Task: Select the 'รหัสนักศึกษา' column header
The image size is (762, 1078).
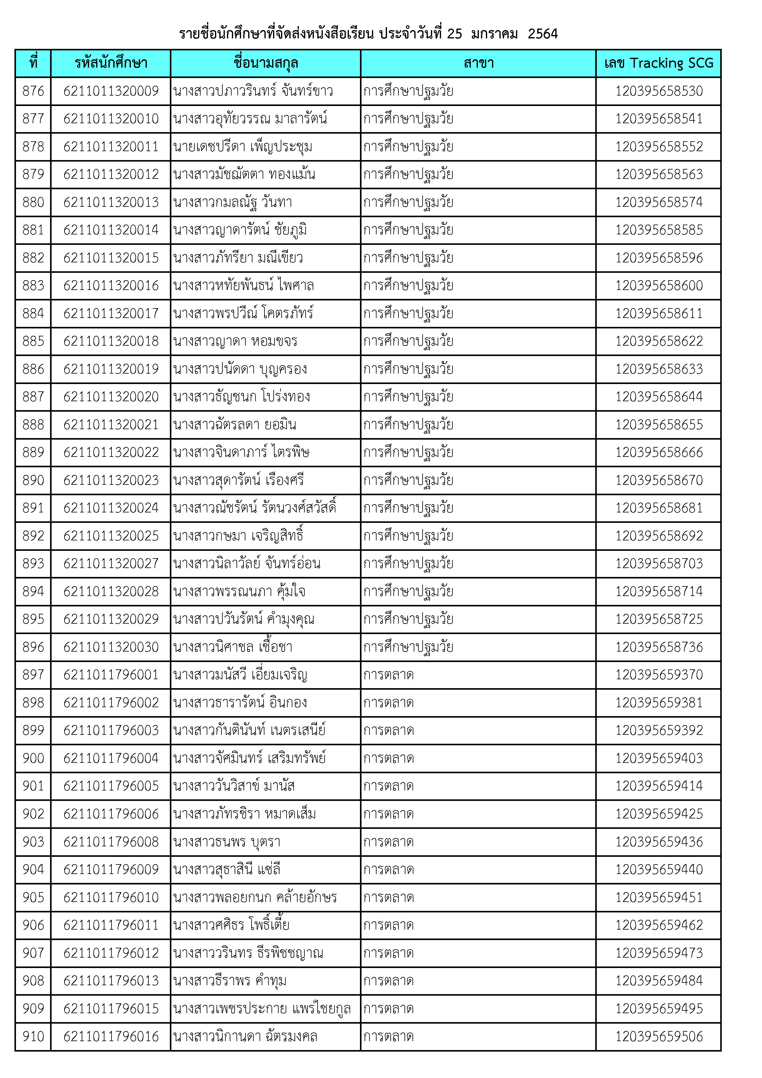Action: click(111, 63)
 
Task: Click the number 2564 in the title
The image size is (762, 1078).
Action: click(542, 34)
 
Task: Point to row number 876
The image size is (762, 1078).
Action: click(33, 91)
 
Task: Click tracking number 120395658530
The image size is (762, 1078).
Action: click(659, 91)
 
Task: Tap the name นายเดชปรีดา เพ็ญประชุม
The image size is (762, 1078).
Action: click(242, 147)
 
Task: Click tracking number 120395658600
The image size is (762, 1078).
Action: click(659, 285)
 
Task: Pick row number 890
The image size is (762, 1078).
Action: click(33, 480)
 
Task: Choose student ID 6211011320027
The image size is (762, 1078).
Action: click(111, 563)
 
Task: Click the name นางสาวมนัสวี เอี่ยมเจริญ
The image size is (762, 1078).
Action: click(240, 675)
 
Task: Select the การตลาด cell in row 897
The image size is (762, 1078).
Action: click(389, 675)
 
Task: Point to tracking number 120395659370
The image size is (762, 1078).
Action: click(659, 675)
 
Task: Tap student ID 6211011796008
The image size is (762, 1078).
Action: click(111, 841)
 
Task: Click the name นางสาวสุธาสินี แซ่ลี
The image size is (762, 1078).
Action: click(227, 869)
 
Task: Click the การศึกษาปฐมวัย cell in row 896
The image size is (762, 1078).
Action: click(408, 647)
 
